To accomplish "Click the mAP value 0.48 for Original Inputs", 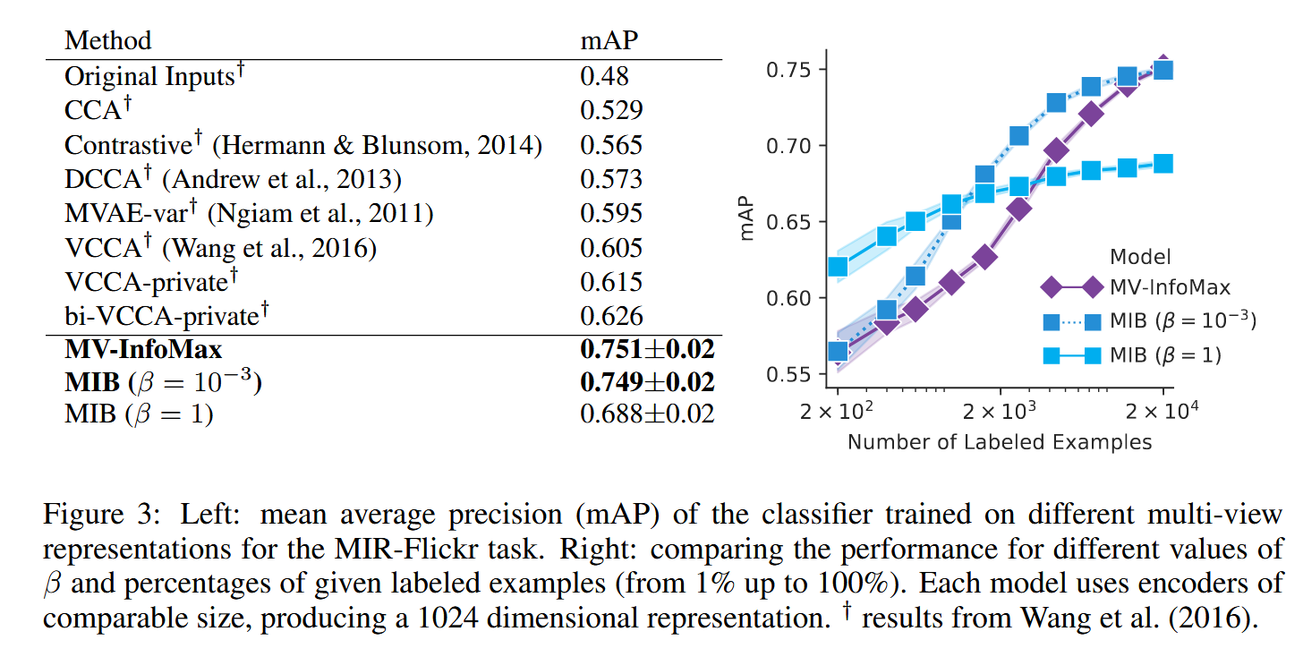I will pyautogui.click(x=604, y=77).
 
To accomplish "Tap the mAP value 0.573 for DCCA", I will pyautogui.click(x=611, y=179).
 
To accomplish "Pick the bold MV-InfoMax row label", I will pyautogui.click(x=143, y=348).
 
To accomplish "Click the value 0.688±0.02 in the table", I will pyautogui.click(x=647, y=414).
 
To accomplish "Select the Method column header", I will pyautogui.click(x=108, y=40).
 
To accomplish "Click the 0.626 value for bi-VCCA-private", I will pyautogui.click(x=611, y=315).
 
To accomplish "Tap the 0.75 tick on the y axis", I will pyautogui.click(x=788, y=70).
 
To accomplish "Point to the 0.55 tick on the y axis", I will pyautogui.click(x=788, y=373).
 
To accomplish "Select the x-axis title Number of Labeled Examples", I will pyautogui.click(x=1000, y=441).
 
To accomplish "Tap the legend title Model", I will pyautogui.click(x=1140, y=257).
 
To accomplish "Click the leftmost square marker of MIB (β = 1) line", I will pyautogui.click(x=839, y=267).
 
